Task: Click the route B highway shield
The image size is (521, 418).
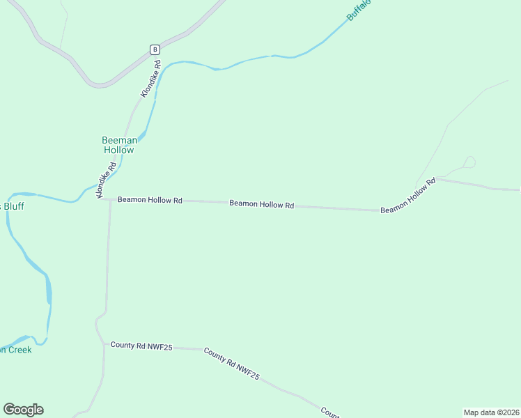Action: [155, 49]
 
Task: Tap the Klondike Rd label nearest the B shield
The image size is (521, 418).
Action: [151, 78]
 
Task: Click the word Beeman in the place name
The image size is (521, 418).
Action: [118, 140]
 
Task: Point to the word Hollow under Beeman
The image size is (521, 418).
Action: [118, 150]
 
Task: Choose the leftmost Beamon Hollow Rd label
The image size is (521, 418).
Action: [150, 200]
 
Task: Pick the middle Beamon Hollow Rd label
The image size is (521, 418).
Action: [262, 204]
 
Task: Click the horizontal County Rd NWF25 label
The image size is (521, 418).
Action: [141, 346]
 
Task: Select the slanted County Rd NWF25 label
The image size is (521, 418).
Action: [232, 364]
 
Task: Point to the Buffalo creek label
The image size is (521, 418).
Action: [359, 10]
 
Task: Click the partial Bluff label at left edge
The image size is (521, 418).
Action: [13, 206]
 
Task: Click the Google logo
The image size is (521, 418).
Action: [23, 410]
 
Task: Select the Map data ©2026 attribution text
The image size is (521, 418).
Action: [492, 412]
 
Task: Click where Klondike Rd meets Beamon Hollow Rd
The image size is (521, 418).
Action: [104, 199]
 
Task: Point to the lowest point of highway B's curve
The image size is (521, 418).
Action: [100, 86]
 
